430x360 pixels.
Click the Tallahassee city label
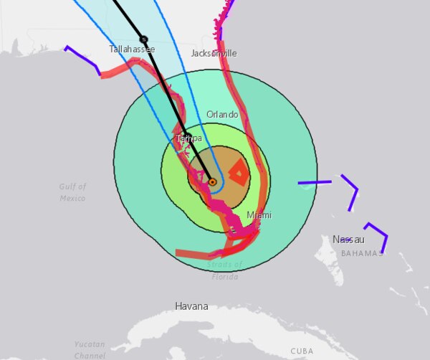click(132, 49)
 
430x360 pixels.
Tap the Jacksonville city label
click(214, 54)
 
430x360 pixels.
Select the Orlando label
click(222, 115)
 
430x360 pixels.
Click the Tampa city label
click(188, 138)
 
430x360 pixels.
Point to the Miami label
click(259, 215)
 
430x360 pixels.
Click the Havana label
click(191, 306)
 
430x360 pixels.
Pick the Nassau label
click(348, 239)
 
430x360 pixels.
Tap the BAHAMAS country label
click(362, 253)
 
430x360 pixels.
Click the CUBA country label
click(302, 351)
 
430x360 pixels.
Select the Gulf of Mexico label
click(72, 192)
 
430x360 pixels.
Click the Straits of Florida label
click(225, 270)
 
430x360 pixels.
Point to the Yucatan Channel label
click(90, 349)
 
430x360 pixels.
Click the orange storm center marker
click(213, 182)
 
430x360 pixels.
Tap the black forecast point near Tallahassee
click(143, 39)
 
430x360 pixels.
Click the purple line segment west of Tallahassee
click(83, 59)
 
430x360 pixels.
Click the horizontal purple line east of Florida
click(315, 183)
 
